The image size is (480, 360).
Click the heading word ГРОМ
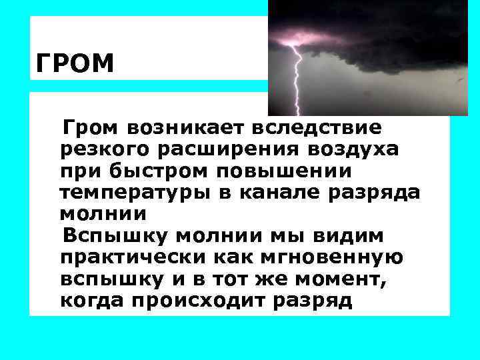(x=75, y=65)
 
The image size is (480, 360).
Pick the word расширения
(x=229, y=149)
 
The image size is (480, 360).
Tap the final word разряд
(x=314, y=301)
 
